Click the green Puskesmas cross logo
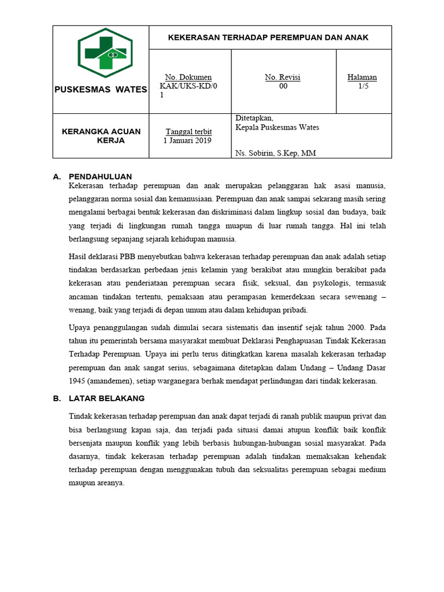click(105, 53)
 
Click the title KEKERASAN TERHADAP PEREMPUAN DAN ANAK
click(268, 38)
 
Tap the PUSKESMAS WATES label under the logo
click(101, 90)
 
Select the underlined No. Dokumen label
click(188, 77)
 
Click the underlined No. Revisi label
click(283, 77)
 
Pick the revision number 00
click(283, 86)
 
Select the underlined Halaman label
click(362, 77)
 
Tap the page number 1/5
click(363, 86)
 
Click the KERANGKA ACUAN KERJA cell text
click(101, 136)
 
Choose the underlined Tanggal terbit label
click(188, 131)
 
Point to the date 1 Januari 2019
click(188, 140)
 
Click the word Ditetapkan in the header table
click(250, 118)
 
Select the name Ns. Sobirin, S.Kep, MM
click(276, 153)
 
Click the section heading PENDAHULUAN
click(100, 176)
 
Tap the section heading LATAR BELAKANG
click(106, 398)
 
